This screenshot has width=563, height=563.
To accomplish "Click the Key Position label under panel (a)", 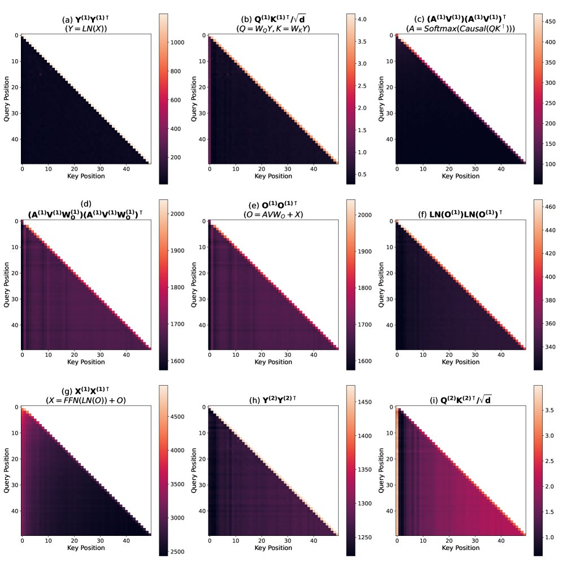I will coord(86,176).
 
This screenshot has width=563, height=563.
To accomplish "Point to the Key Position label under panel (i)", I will coord(461,548).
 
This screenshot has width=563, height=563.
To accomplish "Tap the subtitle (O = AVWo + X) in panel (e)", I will coord(273,214).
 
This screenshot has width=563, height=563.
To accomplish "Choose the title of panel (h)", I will coord(273,400).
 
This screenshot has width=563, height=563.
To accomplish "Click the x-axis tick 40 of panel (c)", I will coord(500,168).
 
